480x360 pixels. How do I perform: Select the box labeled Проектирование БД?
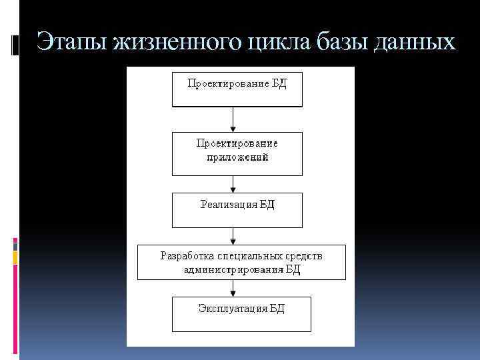[237, 90]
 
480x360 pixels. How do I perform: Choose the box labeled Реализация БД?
[237, 210]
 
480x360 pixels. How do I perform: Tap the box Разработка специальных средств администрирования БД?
[241, 262]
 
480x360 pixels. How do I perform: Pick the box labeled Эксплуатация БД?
[237, 314]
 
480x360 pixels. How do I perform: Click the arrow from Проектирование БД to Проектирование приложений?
[233, 119]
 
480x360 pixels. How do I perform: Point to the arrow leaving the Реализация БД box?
[233, 236]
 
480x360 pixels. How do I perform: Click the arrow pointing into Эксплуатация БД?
[233, 288]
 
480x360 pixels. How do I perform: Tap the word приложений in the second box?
[237, 159]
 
